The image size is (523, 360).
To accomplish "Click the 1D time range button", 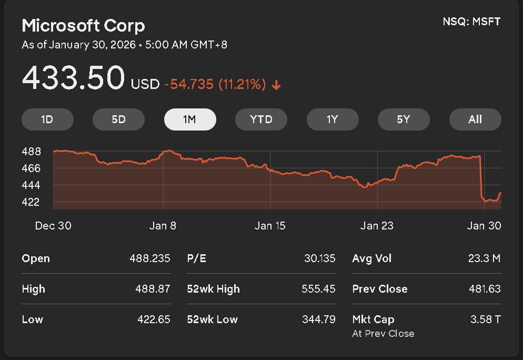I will (47, 119).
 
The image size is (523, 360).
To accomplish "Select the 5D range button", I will (118, 119).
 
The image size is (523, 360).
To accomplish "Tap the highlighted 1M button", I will (190, 119).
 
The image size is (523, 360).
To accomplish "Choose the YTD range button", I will (261, 119).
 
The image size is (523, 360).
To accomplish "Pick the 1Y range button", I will (333, 119).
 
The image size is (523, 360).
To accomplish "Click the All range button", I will (475, 119).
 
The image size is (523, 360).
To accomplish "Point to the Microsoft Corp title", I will (83, 25).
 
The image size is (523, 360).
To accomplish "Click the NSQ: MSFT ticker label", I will (472, 22).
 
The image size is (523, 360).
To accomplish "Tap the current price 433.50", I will (73, 78).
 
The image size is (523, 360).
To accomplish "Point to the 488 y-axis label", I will (31, 152).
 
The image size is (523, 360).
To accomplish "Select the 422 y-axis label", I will (31, 202).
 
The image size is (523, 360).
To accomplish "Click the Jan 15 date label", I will (270, 226).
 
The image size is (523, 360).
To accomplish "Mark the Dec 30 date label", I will (53, 226).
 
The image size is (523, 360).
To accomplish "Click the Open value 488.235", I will (150, 258).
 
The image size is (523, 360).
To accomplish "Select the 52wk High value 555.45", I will (318, 289).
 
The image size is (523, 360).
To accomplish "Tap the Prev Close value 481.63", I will (485, 289).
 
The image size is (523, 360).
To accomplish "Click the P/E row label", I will (196, 258).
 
